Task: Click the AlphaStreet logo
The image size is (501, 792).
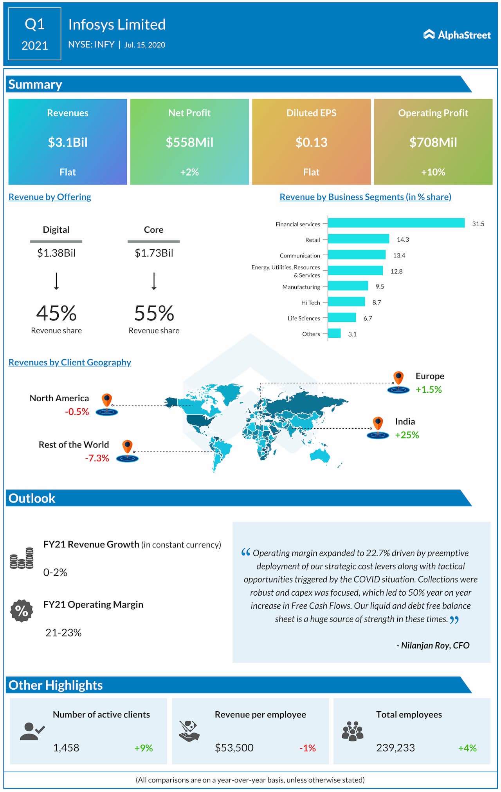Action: (x=457, y=35)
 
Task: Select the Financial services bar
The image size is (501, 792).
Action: (x=396, y=223)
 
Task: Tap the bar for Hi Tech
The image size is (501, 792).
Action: (x=346, y=302)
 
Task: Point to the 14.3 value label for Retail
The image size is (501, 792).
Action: (x=402, y=239)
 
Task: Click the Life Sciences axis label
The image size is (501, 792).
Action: (x=304, y=318)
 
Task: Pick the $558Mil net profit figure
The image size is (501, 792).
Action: (x=189, y=142)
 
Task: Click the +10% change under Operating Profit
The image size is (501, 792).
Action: (x=433, y=172)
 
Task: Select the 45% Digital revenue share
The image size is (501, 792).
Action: (x=56, y=313)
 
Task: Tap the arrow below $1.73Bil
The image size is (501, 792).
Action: (x=154, y=281)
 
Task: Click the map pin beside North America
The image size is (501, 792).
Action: (x=107, y=401)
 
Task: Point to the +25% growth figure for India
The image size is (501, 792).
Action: (x=407, y=435)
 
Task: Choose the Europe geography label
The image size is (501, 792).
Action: (x=430, y=376)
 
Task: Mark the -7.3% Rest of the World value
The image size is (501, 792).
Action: (x=97, y=458)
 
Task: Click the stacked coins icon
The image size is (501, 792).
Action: (x=22, y=558)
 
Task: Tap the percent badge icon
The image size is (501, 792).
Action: (x=22, y=611)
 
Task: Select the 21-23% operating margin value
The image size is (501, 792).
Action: (x=63, y=633)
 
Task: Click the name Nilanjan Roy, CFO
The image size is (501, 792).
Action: (x=433, y=645)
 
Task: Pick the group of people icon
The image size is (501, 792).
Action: (x=352, y=731)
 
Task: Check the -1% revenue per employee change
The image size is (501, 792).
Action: (x=307, y=748)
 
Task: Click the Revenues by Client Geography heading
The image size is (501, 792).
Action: (x=70, y=362)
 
